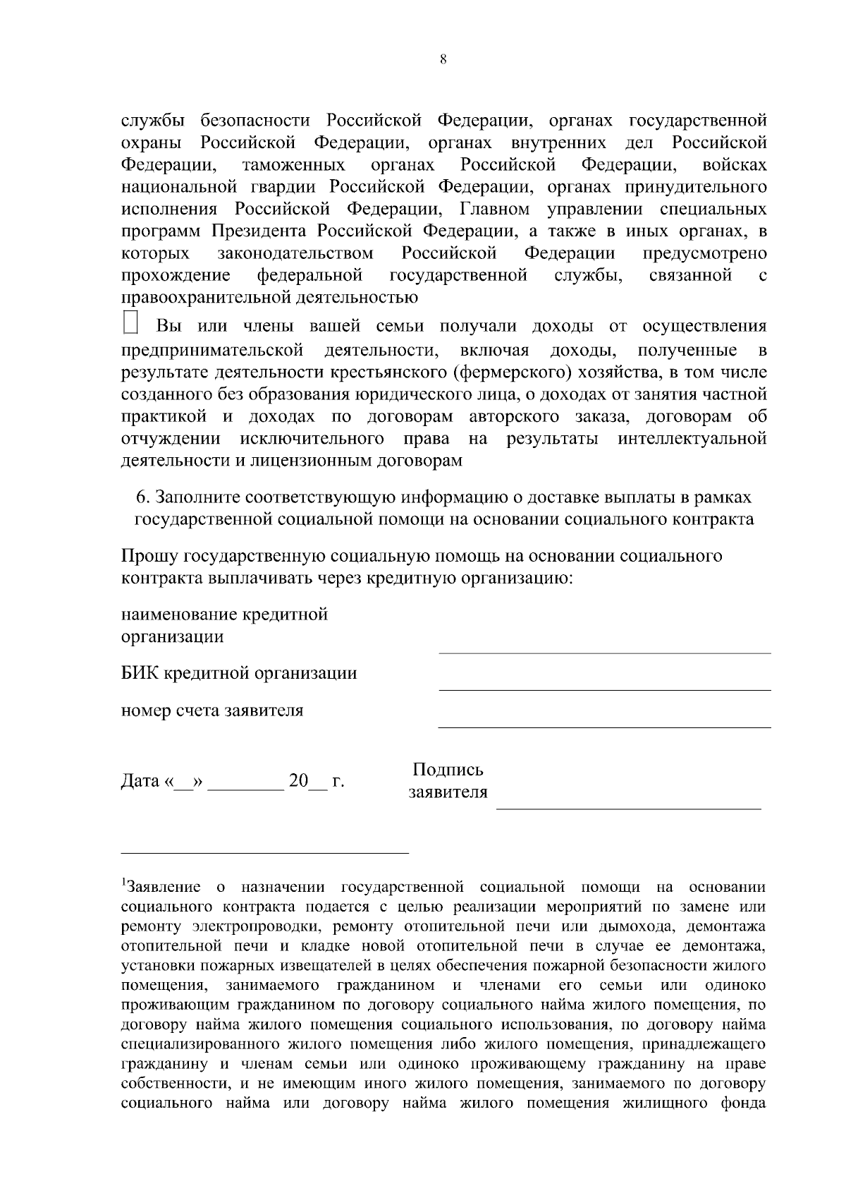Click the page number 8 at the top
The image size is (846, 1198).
(443, 60)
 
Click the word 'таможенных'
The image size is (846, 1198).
(293, 165)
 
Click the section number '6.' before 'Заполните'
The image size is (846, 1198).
(143, 497)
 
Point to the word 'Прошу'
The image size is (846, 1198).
(149, 556)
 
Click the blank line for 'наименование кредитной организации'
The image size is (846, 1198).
(604, 651)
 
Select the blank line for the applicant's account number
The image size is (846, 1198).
(604, 725)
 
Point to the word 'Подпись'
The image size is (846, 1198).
(448, 770)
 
